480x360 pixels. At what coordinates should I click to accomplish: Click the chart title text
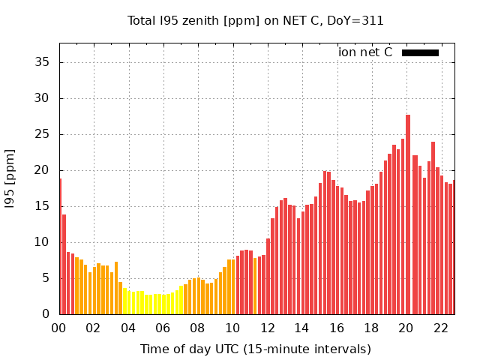[256, 21]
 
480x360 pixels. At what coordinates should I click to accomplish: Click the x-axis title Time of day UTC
[256, 349]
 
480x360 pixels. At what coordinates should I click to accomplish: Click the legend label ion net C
[365, 52]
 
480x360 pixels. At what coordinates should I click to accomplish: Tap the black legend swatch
[420, 52]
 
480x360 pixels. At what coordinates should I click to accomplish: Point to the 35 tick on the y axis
[43, 62]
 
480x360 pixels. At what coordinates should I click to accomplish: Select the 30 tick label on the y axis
[43, 98]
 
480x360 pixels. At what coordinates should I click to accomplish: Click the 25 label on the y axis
[43, 134]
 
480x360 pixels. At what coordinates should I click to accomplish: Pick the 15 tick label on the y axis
[43, 206]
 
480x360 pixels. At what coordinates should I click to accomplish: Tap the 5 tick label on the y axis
[46, 278]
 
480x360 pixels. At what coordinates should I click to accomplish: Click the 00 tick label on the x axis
[59, 328]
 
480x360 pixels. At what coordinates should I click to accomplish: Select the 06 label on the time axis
[163, 328]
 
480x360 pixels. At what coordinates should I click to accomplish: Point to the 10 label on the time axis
[232, 328]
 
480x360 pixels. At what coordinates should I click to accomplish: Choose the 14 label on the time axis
[301, 328]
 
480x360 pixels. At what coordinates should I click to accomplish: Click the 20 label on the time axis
[406, 328]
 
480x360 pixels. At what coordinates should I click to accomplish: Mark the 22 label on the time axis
[440, 328]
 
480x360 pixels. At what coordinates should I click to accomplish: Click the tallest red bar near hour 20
[407, 217]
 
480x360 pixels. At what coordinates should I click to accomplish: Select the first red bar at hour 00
[61, 247]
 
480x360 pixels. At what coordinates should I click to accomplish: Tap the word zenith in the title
[196, 21]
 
